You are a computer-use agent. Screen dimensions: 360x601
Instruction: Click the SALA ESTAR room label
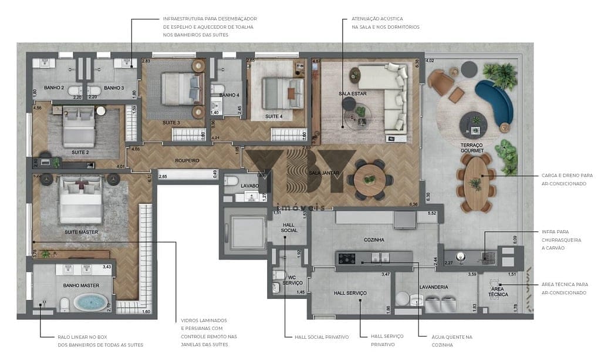click(x=353, y=94)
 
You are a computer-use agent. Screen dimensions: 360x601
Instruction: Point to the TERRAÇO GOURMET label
click(x=472, y=147)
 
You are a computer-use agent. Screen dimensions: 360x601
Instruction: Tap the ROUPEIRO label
click(x=187, y=160)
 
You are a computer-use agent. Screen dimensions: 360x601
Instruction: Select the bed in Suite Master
click(x=81, y=202)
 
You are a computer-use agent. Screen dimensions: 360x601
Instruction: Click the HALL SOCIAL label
click(x=289, y=227)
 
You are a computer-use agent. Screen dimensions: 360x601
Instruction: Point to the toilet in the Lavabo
click(x=232, y=181)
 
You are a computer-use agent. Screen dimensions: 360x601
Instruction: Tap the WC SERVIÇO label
click(x=292, y=280)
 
